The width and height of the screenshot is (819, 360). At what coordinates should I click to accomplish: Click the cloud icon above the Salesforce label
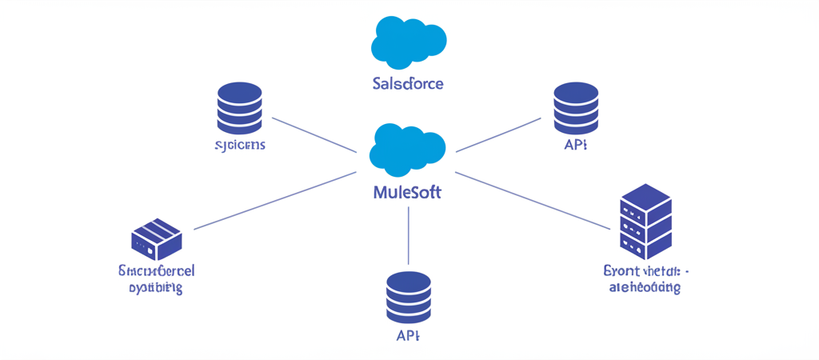coord(409,42)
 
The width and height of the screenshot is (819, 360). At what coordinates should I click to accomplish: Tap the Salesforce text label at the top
coord(408,83)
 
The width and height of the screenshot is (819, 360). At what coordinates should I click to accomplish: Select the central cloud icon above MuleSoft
coord(407,150)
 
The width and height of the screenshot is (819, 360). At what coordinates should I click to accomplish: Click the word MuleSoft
coord(407,193)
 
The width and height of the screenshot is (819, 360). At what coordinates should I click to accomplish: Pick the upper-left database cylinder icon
coord(239,109)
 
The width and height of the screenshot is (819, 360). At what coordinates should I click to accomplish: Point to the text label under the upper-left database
coord(240,146)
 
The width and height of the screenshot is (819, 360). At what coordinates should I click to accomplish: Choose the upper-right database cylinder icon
coord(576,109)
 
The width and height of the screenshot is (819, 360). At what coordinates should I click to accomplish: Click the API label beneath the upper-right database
coord(576,146)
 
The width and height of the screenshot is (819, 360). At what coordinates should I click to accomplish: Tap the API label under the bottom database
coord(408,334)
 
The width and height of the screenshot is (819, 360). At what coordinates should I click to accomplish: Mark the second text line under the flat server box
coord(156,287)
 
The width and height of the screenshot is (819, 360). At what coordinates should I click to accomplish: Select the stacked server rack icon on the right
coord(645,217)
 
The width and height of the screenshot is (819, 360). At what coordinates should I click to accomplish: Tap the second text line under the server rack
coord(645,287)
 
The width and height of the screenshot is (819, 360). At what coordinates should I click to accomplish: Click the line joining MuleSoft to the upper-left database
coord(314,134)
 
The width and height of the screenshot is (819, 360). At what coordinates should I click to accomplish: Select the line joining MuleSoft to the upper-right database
coord(498,134)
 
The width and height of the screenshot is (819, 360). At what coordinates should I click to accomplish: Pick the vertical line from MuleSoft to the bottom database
coord(409,235)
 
